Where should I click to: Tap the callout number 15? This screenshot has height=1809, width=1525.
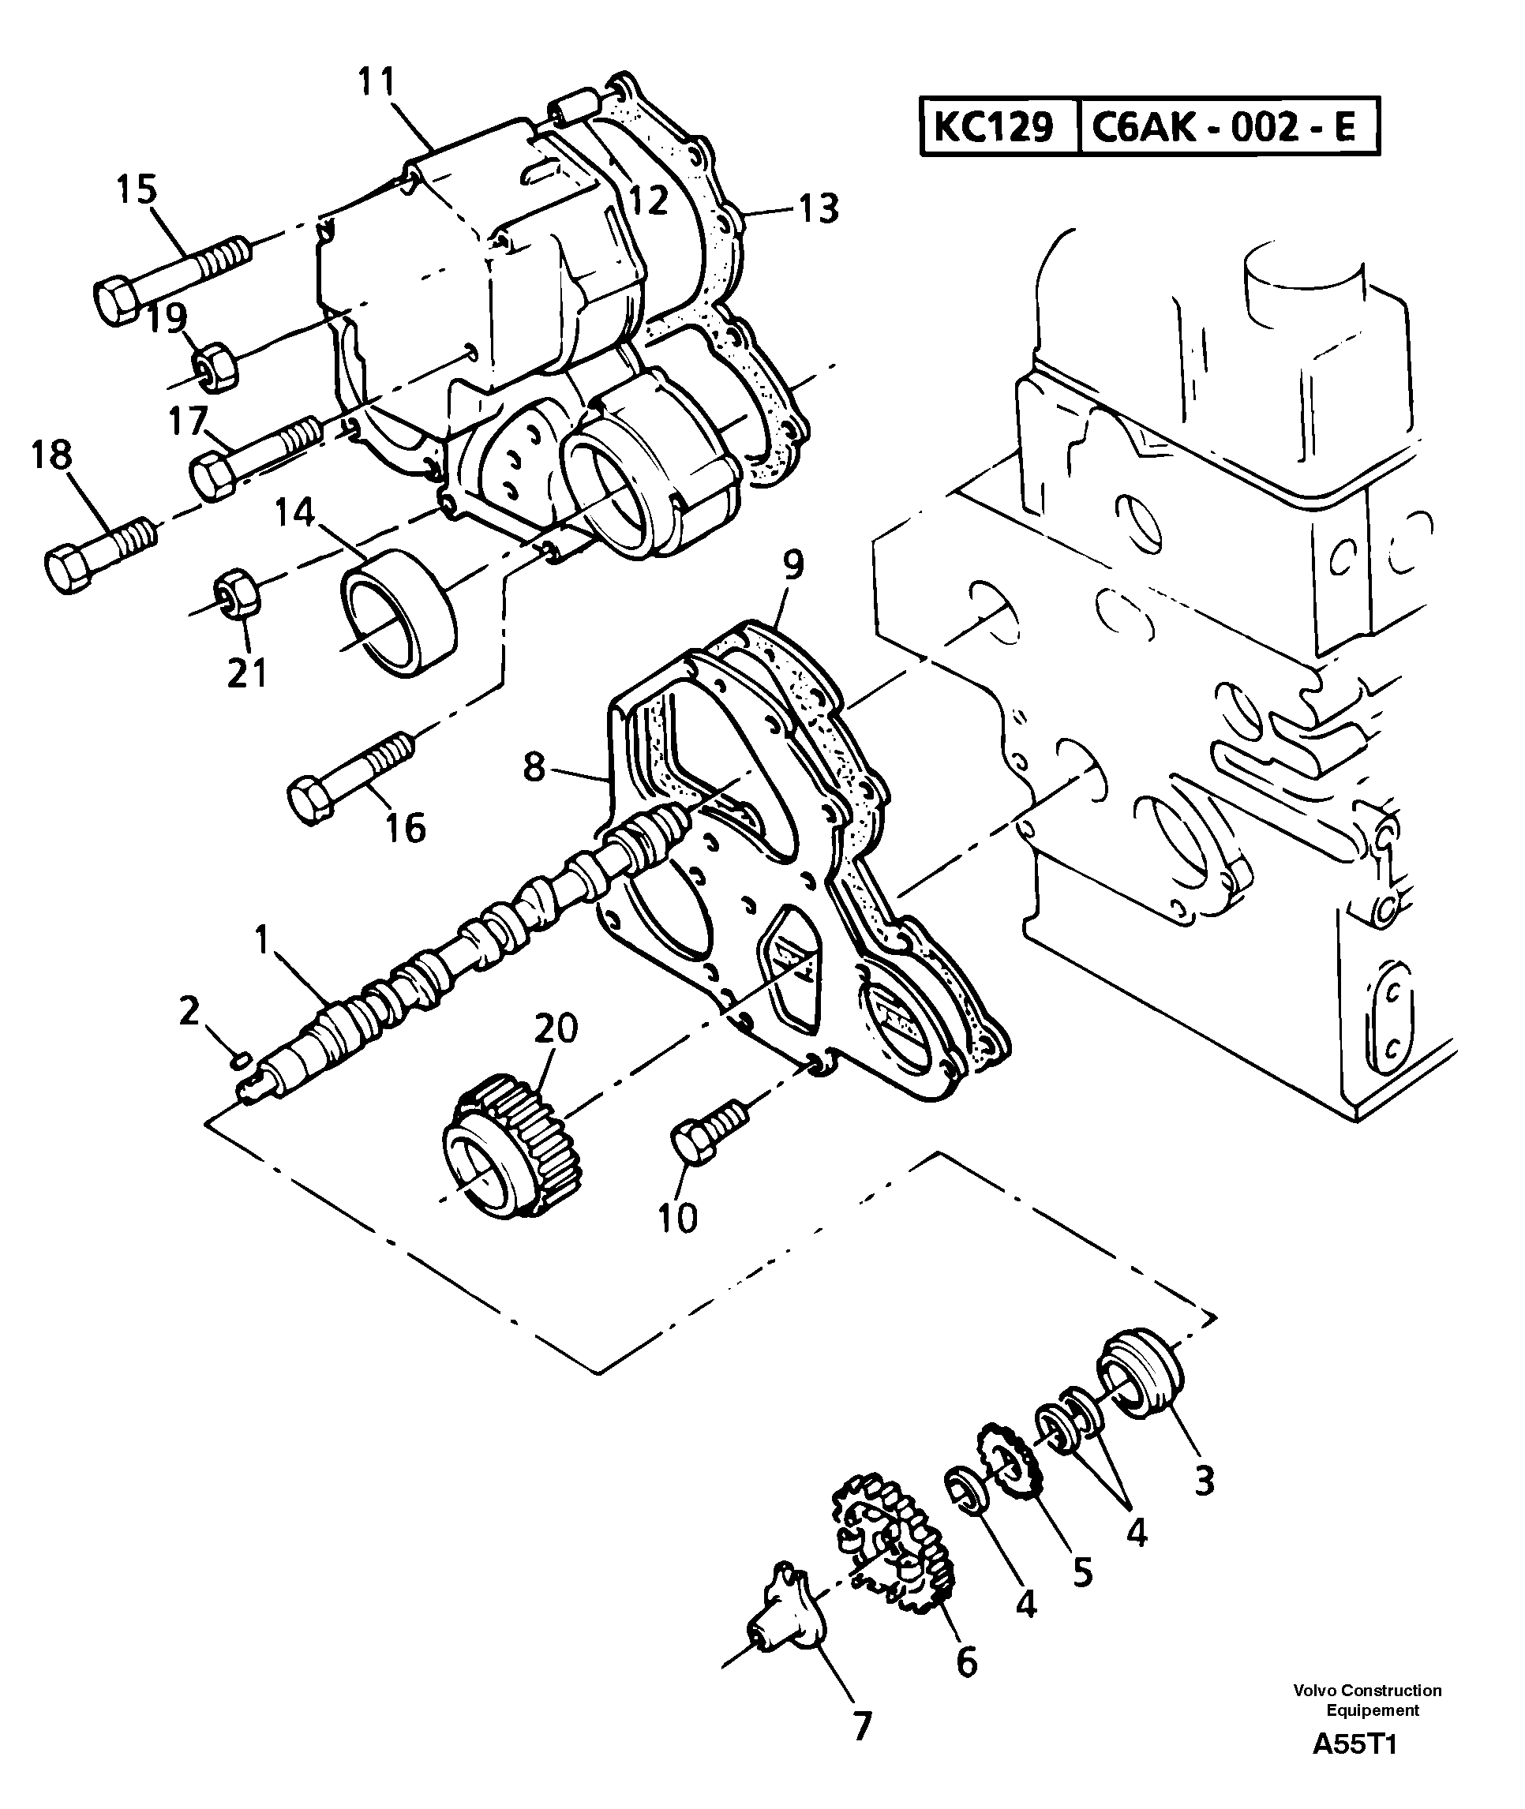137,189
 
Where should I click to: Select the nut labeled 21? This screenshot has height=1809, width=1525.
235,593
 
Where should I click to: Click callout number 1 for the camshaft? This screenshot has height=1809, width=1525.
261,939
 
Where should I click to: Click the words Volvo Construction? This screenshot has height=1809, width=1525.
1367,1690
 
